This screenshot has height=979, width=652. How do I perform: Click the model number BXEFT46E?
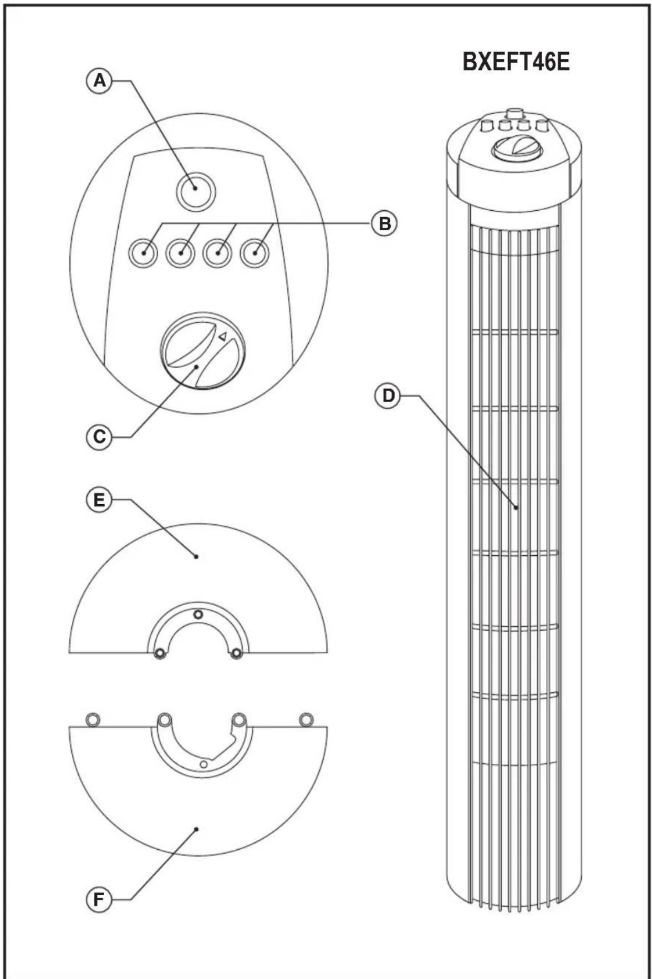516,62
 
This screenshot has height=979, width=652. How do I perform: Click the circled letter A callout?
99,81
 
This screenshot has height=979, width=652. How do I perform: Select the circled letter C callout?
99,437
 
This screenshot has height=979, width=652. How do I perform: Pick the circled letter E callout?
99,500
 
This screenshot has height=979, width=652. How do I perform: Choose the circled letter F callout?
99,899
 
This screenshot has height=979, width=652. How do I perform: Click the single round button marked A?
196,189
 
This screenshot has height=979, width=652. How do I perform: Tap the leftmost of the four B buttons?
143,253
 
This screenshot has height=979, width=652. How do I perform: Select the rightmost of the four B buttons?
255,253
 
